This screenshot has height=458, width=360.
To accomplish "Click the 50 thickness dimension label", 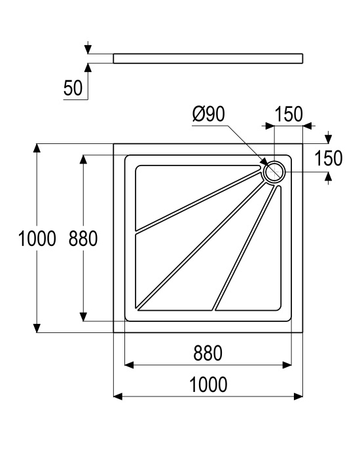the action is (73, 88).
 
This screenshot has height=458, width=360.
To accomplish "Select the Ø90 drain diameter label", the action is (209, 114).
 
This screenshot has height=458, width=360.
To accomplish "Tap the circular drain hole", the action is (274, 172).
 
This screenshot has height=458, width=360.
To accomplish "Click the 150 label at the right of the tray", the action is (329, 158).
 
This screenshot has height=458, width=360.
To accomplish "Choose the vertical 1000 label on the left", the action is (37, 238).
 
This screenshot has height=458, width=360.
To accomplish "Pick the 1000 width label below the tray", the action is (208, 385).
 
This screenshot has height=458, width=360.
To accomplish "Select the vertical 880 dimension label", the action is (83, 238).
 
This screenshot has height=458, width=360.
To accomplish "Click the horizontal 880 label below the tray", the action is (207, 353).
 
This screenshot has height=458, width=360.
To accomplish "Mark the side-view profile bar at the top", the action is (208, 58).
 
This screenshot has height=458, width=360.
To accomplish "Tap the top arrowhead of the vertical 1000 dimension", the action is (37, 148).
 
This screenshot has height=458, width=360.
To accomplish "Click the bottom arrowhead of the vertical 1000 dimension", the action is (37, 328).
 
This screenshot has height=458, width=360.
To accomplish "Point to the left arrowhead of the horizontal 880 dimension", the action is (129, 365).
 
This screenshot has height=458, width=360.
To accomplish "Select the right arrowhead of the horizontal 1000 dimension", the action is (298, 396).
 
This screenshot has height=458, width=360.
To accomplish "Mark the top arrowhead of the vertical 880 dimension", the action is (84, 160).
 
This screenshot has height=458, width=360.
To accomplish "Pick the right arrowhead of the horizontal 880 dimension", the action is (287, 365).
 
